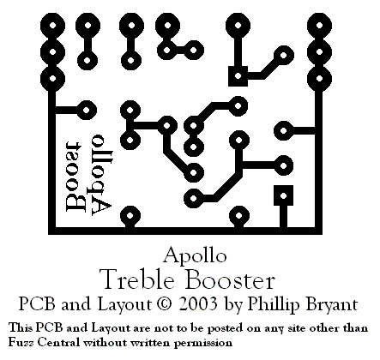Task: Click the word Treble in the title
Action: coord(137,279)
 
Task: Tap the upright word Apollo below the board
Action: coord(195,255)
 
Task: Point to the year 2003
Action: coord(198,304)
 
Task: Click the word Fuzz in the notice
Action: coord(21,342)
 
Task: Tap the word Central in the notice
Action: coord(59,342)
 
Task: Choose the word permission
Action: coord(203,343)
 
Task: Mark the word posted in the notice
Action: coord(225,328)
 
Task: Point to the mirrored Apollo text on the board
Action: coord(101,174)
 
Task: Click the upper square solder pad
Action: coord(238,76)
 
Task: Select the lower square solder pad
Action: coord(283,195)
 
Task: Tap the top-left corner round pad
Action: coord(52,26)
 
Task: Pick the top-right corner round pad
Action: coord(319,26)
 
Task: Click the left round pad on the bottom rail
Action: coord(130,216)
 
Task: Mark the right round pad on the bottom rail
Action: coord(239,216)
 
